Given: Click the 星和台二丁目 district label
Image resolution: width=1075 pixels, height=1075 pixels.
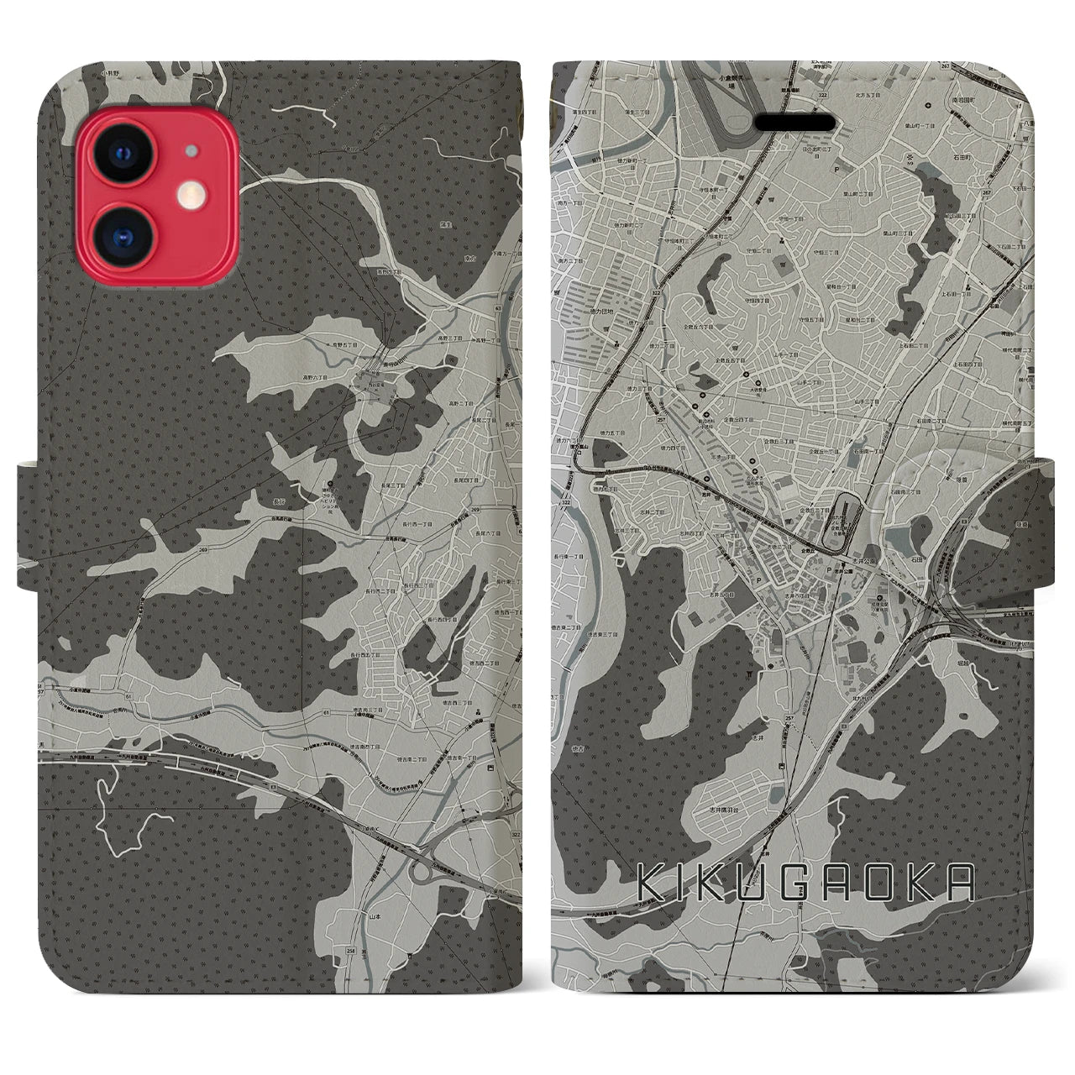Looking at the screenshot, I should tap(859, 320).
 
